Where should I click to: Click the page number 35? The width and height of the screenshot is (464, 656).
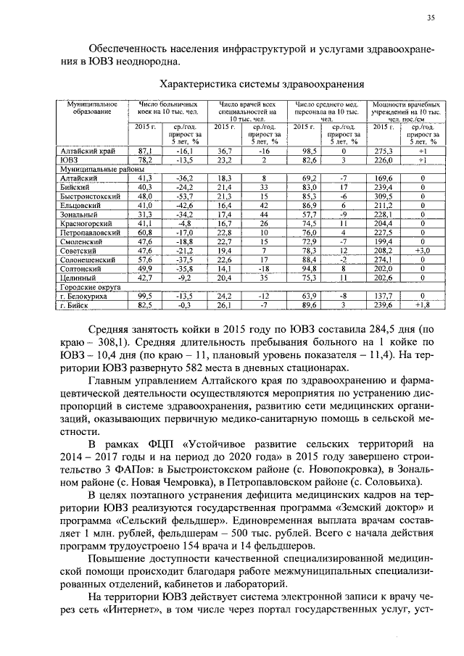431,17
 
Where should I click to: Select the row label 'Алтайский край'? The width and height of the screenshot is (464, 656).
83,150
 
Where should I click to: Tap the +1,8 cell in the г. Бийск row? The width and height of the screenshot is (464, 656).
423,305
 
